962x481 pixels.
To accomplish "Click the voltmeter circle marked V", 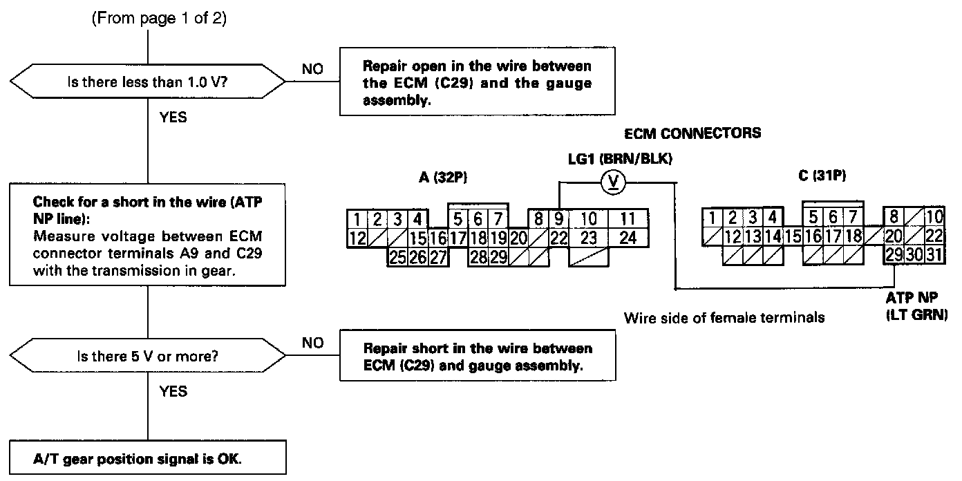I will coord(613,182).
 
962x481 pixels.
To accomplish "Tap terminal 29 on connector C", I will coord(894,254).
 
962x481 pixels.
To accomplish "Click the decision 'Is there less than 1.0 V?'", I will coord(149,82).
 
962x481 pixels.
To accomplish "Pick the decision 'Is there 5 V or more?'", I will coord(149,357).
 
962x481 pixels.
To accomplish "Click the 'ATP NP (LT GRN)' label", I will coord(916,306).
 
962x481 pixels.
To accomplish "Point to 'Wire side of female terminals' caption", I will coord(724,318).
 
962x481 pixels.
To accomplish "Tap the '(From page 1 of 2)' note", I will coord(159,19).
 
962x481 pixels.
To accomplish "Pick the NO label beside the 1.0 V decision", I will coord(312,69).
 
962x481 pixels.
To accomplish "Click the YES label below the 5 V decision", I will coord(173,391).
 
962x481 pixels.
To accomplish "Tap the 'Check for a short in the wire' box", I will coord(149,235).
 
